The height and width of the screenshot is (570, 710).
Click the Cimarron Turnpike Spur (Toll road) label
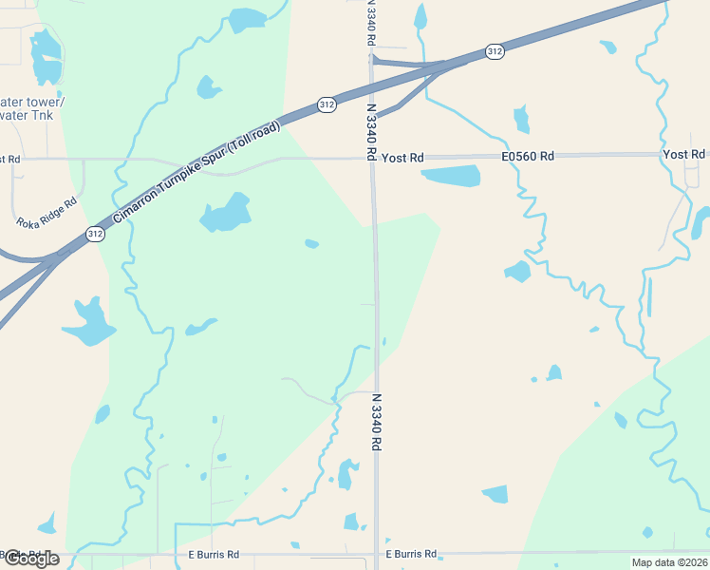(196, 174)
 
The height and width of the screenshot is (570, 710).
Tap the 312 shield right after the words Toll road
(327, 105)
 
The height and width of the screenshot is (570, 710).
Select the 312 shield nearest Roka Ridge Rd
(94, 234)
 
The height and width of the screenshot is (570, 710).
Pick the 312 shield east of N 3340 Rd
(494, 51)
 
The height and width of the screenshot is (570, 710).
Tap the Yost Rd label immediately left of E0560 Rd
(402, 158)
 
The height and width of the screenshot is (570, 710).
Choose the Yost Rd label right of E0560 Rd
(684, 154)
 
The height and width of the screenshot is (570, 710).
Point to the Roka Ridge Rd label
(47, 216)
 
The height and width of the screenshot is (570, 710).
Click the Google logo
(30, 559)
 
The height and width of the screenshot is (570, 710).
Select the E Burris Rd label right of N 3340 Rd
(411, 553)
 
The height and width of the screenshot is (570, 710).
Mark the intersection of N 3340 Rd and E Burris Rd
(377, 553)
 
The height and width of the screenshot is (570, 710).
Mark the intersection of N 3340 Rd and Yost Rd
(373, 158)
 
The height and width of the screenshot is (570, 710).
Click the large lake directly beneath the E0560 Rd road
(452, 176)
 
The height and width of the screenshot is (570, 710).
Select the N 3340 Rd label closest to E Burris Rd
(377, 423)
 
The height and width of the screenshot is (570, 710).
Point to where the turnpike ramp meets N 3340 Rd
(374, 62)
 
